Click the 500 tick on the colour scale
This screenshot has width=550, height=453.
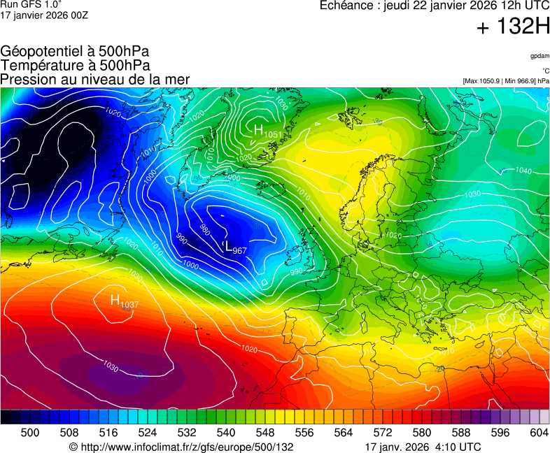[30, 433]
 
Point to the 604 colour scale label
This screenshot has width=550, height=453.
[540, 433]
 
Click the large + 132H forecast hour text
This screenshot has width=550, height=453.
[512, 28]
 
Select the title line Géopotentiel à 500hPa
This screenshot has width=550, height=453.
[75, 52]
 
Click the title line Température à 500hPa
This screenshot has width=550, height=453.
[75, 65]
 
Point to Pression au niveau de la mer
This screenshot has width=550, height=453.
[95, 79]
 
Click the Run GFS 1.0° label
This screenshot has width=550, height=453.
[31, 4]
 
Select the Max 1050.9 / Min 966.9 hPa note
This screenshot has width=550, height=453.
[506, 81]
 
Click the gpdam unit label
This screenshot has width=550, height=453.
[540, 55]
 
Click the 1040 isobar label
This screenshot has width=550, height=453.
[523, 170]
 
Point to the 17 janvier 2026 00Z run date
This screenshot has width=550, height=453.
[43, 15]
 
